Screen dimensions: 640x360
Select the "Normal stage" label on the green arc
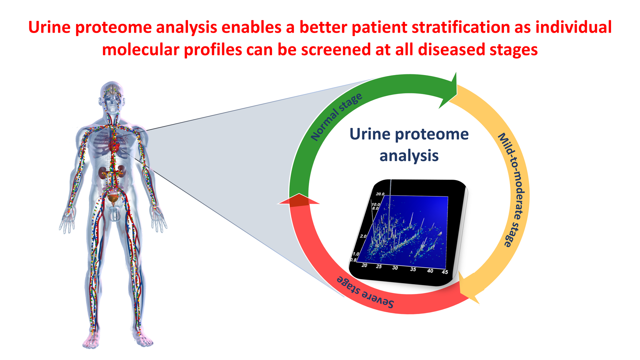click(336, 117)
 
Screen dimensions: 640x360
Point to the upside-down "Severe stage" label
click(365, 292)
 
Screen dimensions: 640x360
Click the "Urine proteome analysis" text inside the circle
click(409, 145)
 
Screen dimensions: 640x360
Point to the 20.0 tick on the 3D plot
click(380, 194)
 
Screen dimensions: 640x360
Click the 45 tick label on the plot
click(445, 272)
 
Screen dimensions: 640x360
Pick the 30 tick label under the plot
click(395, 268)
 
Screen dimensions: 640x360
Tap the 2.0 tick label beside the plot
click(363, 236)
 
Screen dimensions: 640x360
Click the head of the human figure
click(113, 97)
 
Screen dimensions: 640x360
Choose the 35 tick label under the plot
click(413, 269)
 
